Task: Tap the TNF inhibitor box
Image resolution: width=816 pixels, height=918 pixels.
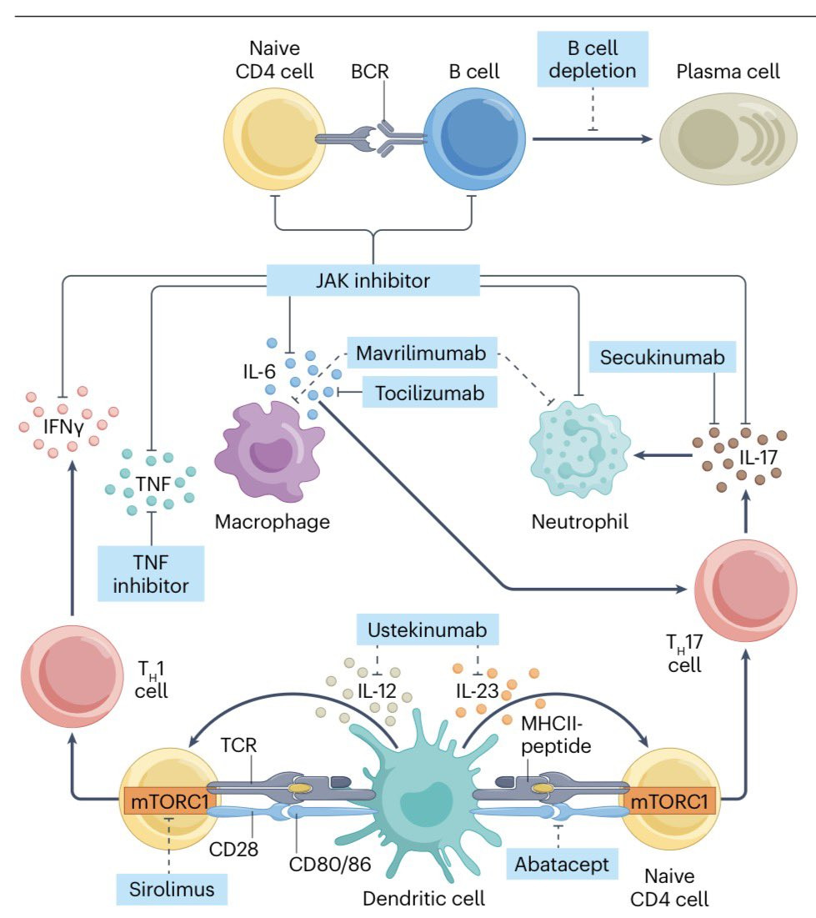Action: (x=151, y=574)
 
